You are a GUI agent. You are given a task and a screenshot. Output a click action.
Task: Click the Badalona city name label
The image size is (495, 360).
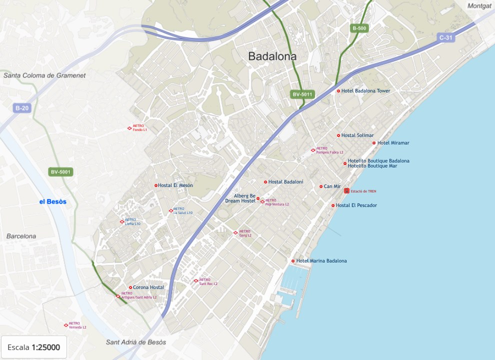[x=272, y=56]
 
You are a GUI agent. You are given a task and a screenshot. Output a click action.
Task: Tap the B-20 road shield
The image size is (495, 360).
[x=22, y=108]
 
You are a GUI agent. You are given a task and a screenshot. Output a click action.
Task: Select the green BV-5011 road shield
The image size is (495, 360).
[x=302, y=94]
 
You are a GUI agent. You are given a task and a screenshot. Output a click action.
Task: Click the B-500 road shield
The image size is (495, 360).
[x=359, y=28]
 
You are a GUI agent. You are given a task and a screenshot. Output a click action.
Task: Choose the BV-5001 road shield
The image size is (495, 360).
[x=61, y=172]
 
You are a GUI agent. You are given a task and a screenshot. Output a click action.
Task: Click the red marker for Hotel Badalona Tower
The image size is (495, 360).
[x=338, y=91]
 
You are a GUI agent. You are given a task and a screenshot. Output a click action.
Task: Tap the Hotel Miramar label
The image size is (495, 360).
[x=393, y=143]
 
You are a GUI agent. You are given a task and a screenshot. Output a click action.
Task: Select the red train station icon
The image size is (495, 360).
[x=346, y=191]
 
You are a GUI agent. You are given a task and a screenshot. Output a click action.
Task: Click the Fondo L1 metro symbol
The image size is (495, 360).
[x=129, y=128]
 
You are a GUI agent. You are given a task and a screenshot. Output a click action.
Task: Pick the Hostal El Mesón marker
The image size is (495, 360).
[x=156, y=185]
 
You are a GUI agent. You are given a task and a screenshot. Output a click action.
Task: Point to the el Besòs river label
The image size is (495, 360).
[x=53, y=201]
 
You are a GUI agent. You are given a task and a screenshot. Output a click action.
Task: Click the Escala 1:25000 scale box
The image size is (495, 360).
[x=34, y=347]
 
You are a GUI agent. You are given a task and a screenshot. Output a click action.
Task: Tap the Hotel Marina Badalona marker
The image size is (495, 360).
[x=293, y=261]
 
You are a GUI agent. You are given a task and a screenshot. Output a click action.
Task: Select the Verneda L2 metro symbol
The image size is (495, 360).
[x=66, y=325]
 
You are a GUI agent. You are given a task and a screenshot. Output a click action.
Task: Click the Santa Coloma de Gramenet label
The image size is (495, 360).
[x=44, y=75]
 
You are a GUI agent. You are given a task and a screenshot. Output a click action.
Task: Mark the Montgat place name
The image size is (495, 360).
[x=479, y=6]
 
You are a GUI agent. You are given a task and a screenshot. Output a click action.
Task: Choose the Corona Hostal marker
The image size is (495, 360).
[x=130, y=287]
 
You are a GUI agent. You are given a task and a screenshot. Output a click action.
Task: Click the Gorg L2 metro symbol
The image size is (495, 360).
[x=235, y=232]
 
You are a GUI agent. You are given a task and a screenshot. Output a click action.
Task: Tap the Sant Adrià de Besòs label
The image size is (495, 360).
[x=136, y=342]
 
